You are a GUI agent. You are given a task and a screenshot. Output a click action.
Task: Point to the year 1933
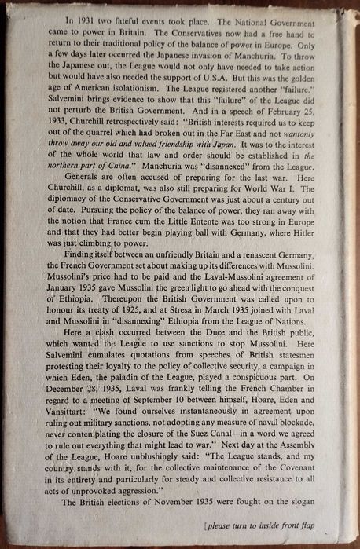tap(48, 131)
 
